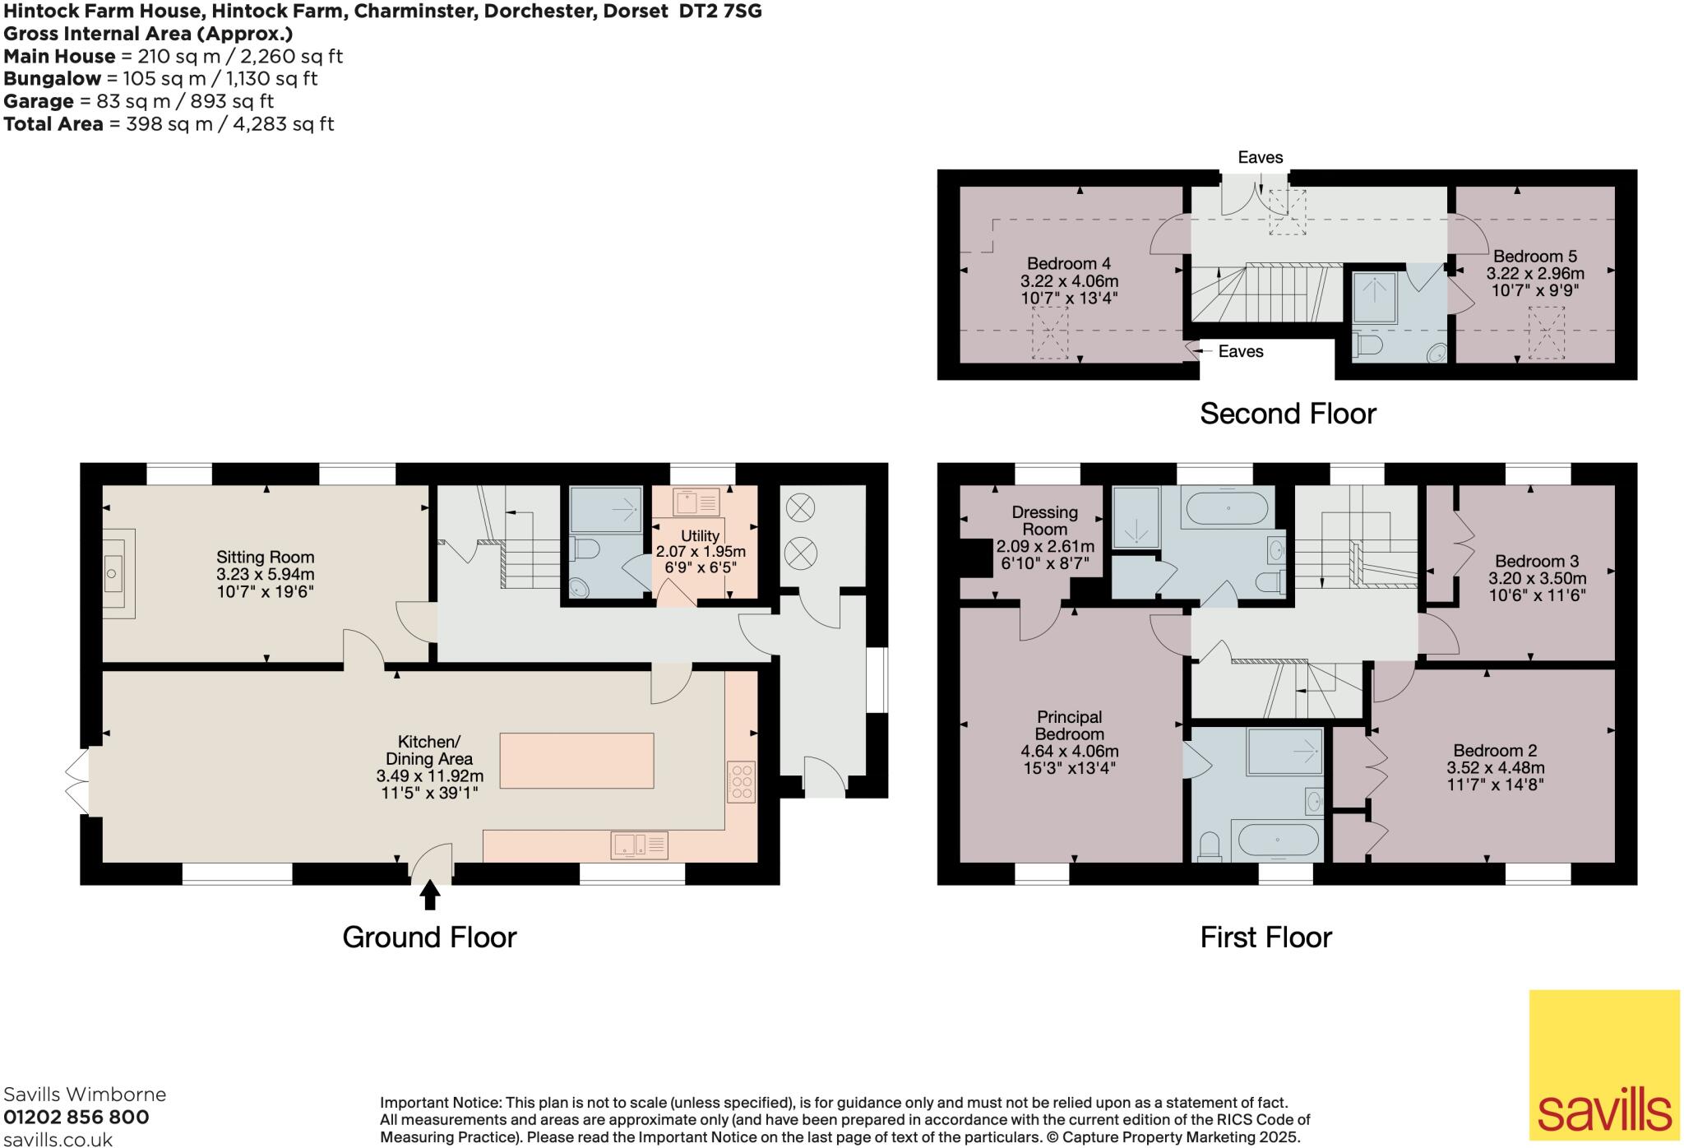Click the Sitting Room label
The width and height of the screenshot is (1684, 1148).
265,558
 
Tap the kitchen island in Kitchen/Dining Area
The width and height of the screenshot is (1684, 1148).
576,761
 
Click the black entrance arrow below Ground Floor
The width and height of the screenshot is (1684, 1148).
429,896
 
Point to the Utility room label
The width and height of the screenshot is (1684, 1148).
700,536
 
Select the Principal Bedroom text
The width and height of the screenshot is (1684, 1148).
1069,725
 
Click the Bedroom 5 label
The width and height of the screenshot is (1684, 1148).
1534,257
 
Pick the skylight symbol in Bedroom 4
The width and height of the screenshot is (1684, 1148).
1049,332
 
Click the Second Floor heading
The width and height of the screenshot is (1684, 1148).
1288,414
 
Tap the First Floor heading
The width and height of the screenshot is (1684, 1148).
1265,937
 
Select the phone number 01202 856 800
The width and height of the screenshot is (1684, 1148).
76,1117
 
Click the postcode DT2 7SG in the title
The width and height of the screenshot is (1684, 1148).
717,12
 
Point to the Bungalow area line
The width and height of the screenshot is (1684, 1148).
160,79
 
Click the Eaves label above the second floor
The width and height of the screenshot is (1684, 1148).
1260,157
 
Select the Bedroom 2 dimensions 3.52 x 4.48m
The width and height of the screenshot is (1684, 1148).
1495,768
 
